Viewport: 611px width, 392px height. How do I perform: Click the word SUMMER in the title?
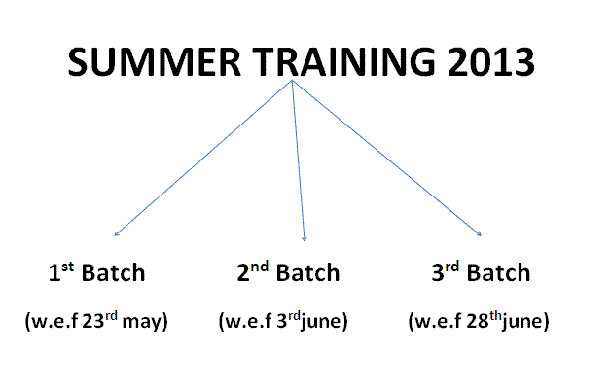tap(155, 61)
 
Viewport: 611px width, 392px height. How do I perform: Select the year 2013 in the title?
tap(491, 61)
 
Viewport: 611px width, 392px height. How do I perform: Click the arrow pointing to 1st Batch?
tap(203, 159)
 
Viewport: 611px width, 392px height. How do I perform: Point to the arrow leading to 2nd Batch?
tap(299, 160)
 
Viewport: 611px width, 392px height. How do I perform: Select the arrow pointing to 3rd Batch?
tap(387, 159)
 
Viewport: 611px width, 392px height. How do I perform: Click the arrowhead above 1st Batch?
tap(116, 233)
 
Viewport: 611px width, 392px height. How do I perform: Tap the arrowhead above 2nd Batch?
tap(305, 239)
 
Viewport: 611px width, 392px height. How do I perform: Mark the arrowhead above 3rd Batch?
tap(480, 233)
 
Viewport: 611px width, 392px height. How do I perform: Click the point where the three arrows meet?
tap(292, 81)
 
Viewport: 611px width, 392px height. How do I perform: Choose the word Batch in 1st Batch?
tap(114, 272)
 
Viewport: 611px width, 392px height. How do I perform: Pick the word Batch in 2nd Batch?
tap(307, 272)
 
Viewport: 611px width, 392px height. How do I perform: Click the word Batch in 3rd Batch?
tap(498, 272)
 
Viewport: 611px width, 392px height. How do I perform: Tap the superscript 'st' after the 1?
tap(67, 267)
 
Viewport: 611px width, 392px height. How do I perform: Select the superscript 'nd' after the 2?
tap(260, 267)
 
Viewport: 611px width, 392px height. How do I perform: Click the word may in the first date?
tap(141, 322)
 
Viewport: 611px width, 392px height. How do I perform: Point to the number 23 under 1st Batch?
tap(93, 321)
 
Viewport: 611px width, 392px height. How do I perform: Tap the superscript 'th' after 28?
tap(495, 315)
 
